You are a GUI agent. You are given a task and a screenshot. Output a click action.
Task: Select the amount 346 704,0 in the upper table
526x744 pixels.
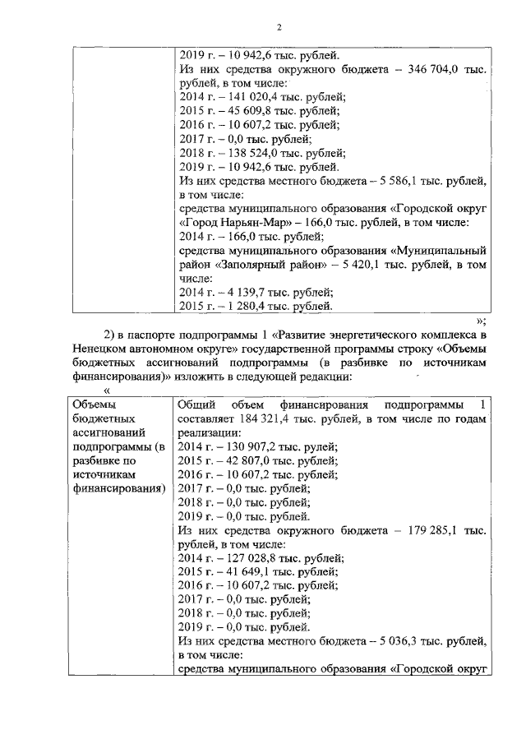click(434, 72)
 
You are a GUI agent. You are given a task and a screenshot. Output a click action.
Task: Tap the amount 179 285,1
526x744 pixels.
click(434, 530)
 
